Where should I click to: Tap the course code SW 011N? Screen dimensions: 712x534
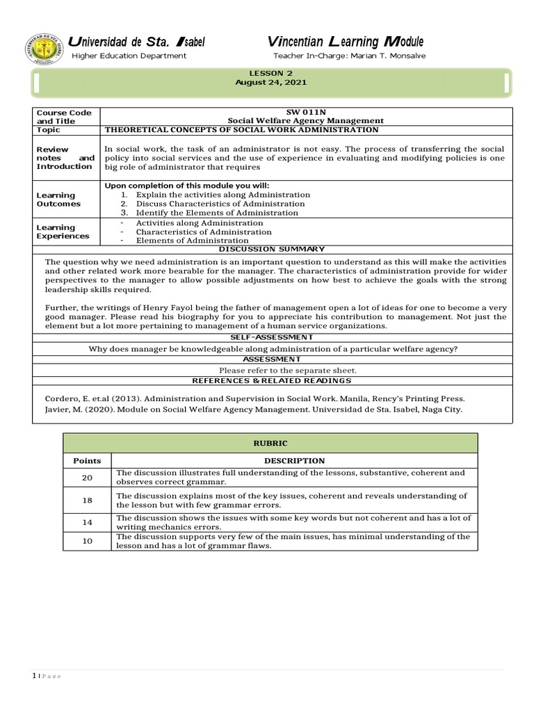pos(306,112)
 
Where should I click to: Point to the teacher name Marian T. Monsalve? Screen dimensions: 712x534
pos(387,56)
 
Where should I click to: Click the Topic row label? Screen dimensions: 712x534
pos(48,130)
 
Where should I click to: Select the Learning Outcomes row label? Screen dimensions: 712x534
pos(58,200)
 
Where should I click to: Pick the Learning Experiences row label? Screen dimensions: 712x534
pos(63,232)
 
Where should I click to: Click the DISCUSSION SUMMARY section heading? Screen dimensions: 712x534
pos(271,249)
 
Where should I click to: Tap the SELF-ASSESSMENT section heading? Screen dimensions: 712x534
pos(272,337)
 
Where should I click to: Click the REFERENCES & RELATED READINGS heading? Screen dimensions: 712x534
pos(272,380)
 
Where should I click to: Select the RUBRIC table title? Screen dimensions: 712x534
pos(270,443)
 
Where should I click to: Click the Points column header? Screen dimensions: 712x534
pos(87,460)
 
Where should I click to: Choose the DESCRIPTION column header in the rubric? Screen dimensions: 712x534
pos(294,460)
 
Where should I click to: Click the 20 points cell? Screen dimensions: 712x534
pos(87,477)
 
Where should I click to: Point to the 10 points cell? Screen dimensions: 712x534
pos(87,541)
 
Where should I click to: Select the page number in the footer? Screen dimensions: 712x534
pos(34,677)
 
